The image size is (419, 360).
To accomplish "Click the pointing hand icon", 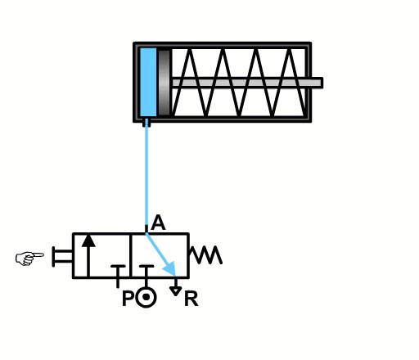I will coord(29,259).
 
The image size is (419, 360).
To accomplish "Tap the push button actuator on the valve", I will coord(58,256).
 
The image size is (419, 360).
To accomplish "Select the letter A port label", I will coord(159,223).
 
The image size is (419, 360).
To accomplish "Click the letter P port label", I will coord(128,299).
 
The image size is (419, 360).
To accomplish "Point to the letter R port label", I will coord(191,299).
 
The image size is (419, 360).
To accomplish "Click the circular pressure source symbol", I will coord(146,297).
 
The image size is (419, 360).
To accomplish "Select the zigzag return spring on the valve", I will coord(205,255).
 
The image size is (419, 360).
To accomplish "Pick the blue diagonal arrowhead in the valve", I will coord(169,268).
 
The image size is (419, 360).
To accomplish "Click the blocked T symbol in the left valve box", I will coord(118,271).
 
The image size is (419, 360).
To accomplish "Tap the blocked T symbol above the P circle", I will coord(146,271).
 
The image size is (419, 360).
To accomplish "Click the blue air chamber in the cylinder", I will coord(147,82).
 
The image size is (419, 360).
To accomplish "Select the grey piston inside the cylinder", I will coord(164,82).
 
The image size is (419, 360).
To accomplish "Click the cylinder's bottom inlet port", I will coord(146,124).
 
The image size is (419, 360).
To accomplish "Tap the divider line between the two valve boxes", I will coord(131,255).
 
